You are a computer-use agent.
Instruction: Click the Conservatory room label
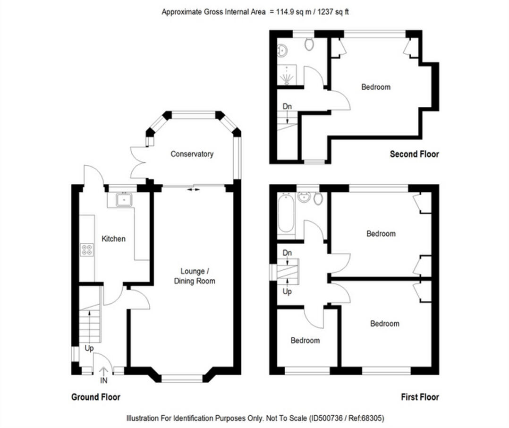(x=192, y=154)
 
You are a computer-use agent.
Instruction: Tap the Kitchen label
(x=114, y=239)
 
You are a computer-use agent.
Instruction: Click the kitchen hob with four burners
(x=87, y=249)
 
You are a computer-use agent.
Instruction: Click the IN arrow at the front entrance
(x=103, y=373)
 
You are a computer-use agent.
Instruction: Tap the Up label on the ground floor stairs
(x=89, y=348)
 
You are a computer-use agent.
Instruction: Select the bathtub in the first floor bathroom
(x=286, y=214)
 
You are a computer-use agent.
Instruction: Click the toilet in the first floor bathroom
(x=318, y=198)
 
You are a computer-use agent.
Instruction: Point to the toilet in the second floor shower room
(x=310, y=44)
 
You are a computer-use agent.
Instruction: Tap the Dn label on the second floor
(x=287, y=107)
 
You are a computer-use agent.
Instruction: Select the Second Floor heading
(x=414, y=154)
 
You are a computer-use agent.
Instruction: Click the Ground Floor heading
(x=96, y=397)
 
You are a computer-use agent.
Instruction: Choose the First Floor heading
(x=420, y=397)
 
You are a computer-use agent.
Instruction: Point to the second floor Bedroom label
(x=376, y=87)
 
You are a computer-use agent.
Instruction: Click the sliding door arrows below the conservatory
(x=194, y=189)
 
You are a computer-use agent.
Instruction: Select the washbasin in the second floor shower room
(x=282, y=50)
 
